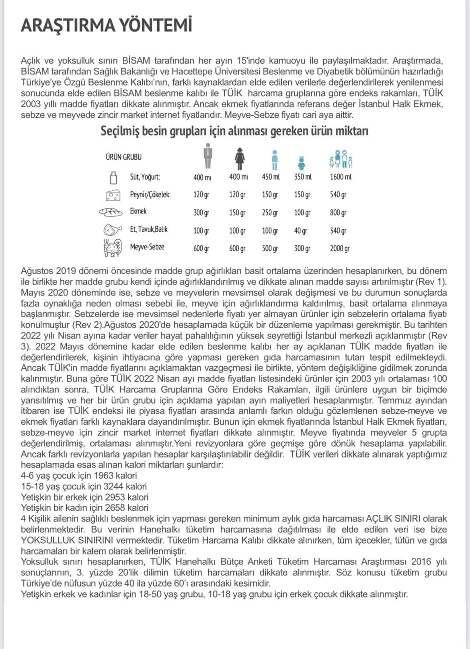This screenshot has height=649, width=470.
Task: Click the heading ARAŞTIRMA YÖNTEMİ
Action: click(106, 25)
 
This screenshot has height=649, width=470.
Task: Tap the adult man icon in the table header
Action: click(207, 156)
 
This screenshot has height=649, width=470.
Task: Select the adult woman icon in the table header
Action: click(240, 158)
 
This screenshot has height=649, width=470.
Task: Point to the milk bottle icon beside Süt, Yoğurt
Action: click(114, 177)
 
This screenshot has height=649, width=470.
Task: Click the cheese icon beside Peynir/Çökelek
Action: click(113, 195)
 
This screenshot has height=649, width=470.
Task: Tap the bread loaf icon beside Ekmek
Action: click(111, 212)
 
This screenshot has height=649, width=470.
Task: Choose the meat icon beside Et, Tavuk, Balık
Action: click(112, 230)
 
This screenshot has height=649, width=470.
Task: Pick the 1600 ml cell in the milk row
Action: click(341, 177)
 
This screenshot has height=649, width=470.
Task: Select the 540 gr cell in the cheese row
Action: click(338, 195)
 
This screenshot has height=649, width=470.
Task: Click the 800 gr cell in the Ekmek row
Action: click(338, 212)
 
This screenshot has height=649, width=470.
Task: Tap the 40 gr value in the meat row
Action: click(301, 231)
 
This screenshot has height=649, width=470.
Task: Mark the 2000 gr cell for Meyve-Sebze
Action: click(340, 249)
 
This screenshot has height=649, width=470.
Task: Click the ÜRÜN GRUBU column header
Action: click(124, 157)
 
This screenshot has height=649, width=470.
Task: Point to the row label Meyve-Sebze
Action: click(147, 247)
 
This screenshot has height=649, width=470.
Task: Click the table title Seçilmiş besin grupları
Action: click(234, 131)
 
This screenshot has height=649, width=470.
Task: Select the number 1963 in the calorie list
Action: click(103, 476)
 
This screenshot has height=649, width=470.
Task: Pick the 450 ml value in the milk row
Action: click(271, 177)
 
